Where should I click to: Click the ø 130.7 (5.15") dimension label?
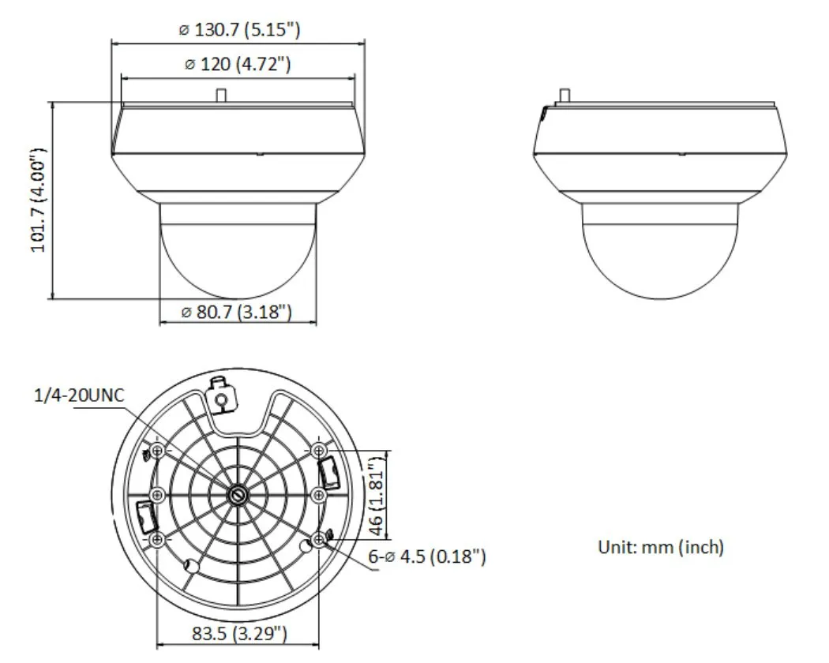[x=239, y=29]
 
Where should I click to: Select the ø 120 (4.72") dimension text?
[x=238, y=64]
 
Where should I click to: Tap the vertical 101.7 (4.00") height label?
[x=39, y=200]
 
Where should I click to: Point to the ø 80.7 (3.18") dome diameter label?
[x=236, y=312]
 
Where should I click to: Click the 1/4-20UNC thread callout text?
[x=79, y=395]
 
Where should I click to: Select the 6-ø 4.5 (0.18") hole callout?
[x=426, y=556]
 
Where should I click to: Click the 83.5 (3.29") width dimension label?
[x=239, y=633]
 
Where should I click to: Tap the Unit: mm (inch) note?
[x=660, y=547]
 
